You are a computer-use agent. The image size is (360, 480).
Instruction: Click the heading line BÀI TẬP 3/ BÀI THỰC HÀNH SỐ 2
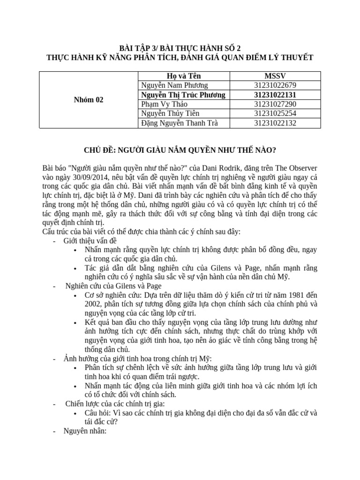pyautogui.click(x=180, y=48)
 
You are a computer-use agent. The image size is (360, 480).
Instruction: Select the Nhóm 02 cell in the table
pyautogui.click(x=90, y=99)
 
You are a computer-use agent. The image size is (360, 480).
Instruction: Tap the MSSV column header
pyautogui.click(x=275, y=76)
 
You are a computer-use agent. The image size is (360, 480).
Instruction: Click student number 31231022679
pyautogui.click(x=275, y=85)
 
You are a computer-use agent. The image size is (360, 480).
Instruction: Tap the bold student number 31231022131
pyautogui.click(x=275, y=95)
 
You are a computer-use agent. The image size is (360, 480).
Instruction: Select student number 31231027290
pyautogui.click(x=275, y=104)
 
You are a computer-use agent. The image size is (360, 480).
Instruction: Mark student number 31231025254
pyautogui.click(x=275, y=113)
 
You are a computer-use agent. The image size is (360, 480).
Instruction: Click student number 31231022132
pyautogui.click(x=275, y=123)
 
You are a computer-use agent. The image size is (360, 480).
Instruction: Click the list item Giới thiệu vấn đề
pyautogui.click(x=90, y=240)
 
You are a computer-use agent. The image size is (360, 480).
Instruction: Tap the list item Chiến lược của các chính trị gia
pyautogui.click(x=115, y=404)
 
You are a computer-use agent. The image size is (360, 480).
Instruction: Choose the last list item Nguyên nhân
pyautogui.click(x=85, y=431)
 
